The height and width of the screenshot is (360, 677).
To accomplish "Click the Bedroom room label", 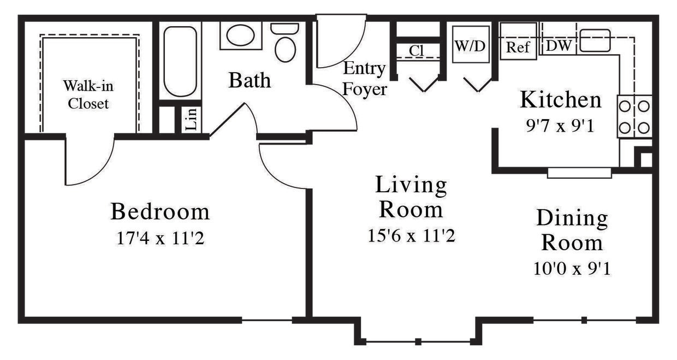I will tap(160, 211).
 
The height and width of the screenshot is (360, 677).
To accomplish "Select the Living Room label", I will tap(411, 197).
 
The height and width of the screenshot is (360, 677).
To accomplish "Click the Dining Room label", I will tap(572, 230).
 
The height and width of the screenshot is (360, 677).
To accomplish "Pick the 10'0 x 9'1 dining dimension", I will tap(572, 269).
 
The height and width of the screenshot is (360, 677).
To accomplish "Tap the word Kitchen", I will tap(560, 100).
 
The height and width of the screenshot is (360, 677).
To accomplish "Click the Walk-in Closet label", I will tap(88, 95).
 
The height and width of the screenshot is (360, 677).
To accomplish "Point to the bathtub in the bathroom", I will tap(180, 61).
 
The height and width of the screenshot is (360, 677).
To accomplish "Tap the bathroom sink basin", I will tap(240, 36).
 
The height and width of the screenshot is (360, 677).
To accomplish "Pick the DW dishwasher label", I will tap(558, 46).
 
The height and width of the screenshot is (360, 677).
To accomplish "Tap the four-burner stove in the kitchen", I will tap(635, 115).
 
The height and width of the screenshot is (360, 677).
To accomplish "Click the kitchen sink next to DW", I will tap(595, 40).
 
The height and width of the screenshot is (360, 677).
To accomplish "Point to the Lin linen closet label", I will tap(192, 119).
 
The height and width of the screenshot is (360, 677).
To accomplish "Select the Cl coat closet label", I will tap(417, 50).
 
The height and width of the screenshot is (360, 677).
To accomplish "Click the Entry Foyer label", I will tap(365, 79).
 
